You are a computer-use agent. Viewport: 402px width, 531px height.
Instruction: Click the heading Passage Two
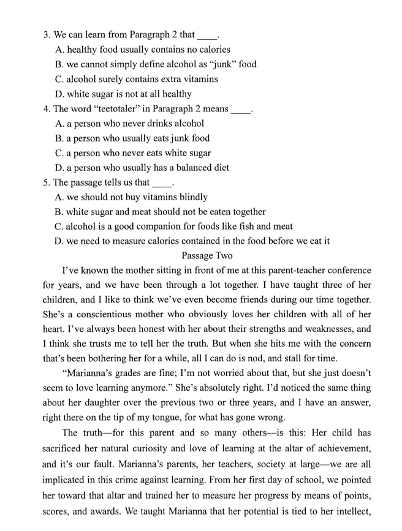click(x=207, y=255)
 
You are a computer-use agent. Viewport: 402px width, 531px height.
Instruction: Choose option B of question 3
click(x=156, y=64)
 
